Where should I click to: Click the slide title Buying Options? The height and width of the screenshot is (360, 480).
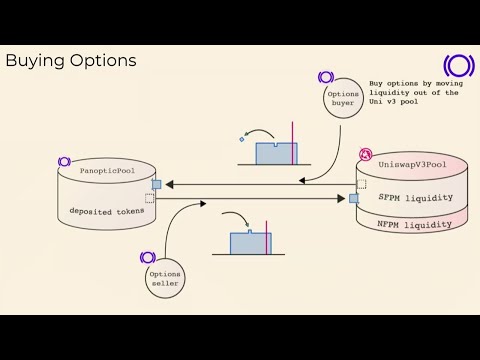pos(71,61)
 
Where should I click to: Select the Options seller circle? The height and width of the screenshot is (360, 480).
pos(163,278)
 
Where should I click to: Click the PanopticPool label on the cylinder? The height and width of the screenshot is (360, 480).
pos(107,171)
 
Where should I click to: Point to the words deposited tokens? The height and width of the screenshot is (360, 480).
pos(106,211)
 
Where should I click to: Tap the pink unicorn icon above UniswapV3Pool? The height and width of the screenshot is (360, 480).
pos(366,154)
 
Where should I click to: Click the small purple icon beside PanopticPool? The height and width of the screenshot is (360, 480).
pos(64,162)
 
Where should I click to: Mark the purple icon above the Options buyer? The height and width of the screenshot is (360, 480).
pos(325,77)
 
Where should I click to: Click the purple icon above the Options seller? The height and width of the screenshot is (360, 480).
pos(148,258)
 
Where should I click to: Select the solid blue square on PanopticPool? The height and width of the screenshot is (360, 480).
pos(156,185)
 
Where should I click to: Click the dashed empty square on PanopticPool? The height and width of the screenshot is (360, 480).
pos(150,198)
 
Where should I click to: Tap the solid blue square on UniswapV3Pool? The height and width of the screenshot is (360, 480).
pos(354,198)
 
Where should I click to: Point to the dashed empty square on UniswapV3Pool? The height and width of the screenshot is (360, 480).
pos(360,184)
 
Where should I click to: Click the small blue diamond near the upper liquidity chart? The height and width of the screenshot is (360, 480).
pos(242,139)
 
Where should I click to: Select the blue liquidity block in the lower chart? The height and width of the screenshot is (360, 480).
pos(249,242)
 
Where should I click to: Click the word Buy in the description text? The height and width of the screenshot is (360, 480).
pos(377,84)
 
